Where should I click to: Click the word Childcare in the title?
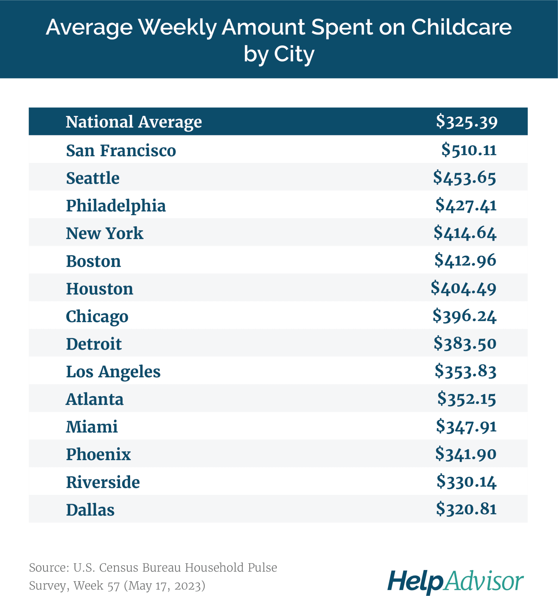click(x=461, y=27)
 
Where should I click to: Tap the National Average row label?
click(x=134, y=122)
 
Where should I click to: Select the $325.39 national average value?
click(x=466, y=121)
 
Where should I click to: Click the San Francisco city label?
click(x=121, y=150)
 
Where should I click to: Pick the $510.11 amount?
click(x=469, y=150)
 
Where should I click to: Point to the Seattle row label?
click(x=93, y=178)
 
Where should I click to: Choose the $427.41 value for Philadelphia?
click(x=466, y=205)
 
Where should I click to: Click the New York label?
click(x=105, y=233)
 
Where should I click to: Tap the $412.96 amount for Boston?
click(x=465, y=260)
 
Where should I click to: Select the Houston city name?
click(x=99, y=289)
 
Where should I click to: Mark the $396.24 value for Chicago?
click(x=464, y=316)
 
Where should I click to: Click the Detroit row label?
click(x=94, y=344)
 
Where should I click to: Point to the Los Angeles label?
click(x=113, y=372)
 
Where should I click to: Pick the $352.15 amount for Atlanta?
click(x=466, y=399)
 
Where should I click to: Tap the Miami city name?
click(x=92, y=427)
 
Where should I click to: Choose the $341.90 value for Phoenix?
click(x=465, y=454)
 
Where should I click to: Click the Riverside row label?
click(x=103, y=482)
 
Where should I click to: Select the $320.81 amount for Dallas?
click(x=466, y=509)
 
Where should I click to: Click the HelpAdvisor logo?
click(x=455, y=581)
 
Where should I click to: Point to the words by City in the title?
click(x=279, y=54)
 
